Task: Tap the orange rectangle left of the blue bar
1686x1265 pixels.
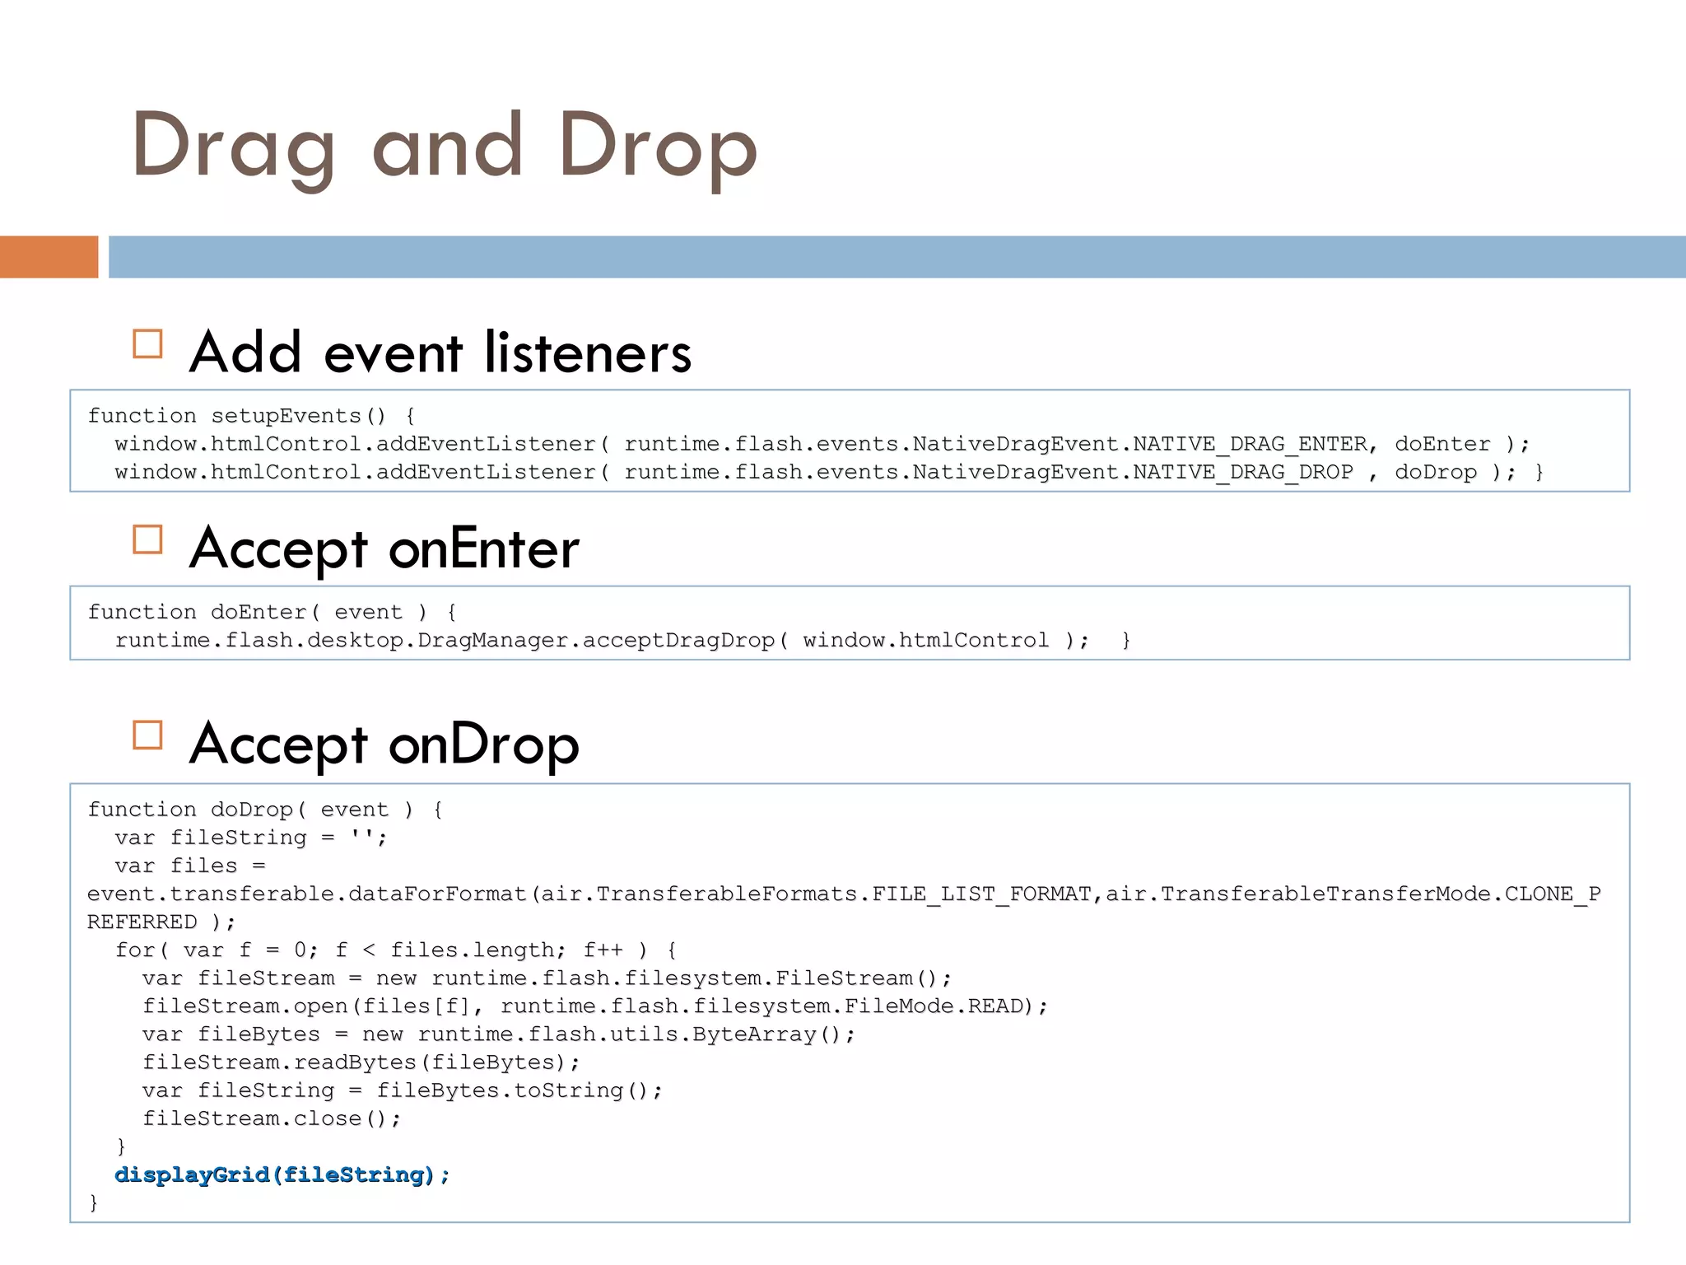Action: [49, 257]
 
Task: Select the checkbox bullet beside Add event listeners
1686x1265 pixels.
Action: [148, 343]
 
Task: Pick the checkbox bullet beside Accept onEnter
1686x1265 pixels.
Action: [148, 539]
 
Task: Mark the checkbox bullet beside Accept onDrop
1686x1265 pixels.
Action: [148, 735]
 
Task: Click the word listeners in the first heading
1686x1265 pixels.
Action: [588, 352]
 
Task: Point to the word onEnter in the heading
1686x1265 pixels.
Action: [483, 548]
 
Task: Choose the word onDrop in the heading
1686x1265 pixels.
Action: [483, 745]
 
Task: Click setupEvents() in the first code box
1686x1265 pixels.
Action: [298, 416]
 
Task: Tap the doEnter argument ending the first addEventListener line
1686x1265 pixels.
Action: [1442, 444]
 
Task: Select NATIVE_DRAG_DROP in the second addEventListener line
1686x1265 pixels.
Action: [1243, 472]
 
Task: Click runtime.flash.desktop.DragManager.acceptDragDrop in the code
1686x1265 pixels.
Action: [445, 640]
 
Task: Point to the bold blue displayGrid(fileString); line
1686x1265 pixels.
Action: [282, 1174]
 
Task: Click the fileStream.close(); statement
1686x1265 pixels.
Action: [272, 1118]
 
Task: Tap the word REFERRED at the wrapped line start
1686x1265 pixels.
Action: [142, 922]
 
